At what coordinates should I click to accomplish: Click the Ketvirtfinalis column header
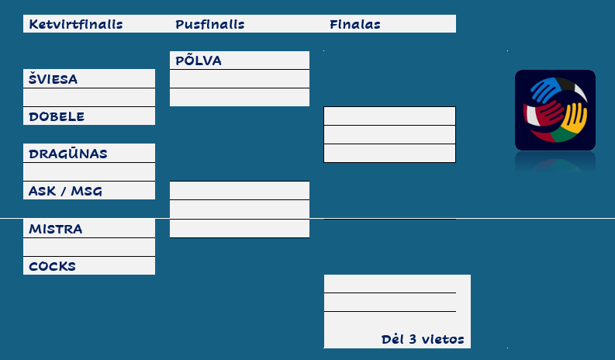click(x=75, y=24)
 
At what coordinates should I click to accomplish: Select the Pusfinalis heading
click(x=210, y=24)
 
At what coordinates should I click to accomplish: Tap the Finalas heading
click(x=354, y=24)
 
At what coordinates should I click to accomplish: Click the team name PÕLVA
click(x=199, y=61)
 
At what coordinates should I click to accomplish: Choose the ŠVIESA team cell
click(x=53, y=79)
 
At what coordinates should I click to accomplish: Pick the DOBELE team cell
click(x=57, y=116)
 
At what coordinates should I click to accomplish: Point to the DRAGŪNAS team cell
click(x=67, y=154)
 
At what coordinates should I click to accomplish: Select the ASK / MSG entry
click(x=65, y=191)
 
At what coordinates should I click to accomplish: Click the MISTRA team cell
click(x=55, y=229)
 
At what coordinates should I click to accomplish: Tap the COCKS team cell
click(x=52, y=266)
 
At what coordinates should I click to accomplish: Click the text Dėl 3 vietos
click(x=423, y=339)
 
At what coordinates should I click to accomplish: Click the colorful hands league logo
click(x=555, y=109)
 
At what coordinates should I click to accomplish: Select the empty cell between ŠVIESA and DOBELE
click(x=89, y=98)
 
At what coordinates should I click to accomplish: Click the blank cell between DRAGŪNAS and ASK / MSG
click(x=89, y=172)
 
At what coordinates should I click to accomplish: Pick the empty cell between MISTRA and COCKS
click(x=89, y=247)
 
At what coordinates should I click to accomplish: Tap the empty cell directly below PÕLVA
click(x=239, y=79)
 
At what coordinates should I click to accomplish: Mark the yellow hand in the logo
click(x=575, y=117)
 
